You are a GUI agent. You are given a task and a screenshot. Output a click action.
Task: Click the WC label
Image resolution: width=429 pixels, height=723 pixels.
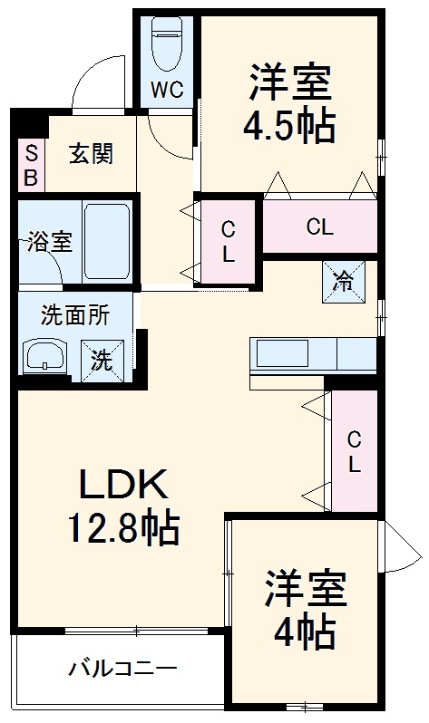click(x=168, y=91)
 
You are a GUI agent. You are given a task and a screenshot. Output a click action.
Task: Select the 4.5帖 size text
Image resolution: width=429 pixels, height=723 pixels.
click(x=289, y=126)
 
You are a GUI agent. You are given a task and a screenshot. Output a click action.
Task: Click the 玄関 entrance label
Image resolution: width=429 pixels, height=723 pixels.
click(x=91, y=154)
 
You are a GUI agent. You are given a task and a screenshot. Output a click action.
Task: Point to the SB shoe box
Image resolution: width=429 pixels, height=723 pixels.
click(x=30, y=165)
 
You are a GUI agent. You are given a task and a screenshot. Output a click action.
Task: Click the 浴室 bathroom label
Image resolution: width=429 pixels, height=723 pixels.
click(x=44, y=243)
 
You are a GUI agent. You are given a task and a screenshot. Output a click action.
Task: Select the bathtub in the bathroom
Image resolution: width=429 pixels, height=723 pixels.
click(x=108, y=242)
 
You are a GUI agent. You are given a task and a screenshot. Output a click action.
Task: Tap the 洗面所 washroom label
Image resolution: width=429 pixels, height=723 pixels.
click(x=75, y=315)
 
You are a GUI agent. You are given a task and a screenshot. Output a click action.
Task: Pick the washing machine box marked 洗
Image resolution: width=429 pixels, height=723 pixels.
click(x=102, y=357)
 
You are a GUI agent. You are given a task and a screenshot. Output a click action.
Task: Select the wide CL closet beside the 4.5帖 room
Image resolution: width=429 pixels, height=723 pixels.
click(x=319, y=227)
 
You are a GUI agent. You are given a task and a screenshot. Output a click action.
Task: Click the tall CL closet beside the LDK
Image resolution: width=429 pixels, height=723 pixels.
click(x=354, y=451)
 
